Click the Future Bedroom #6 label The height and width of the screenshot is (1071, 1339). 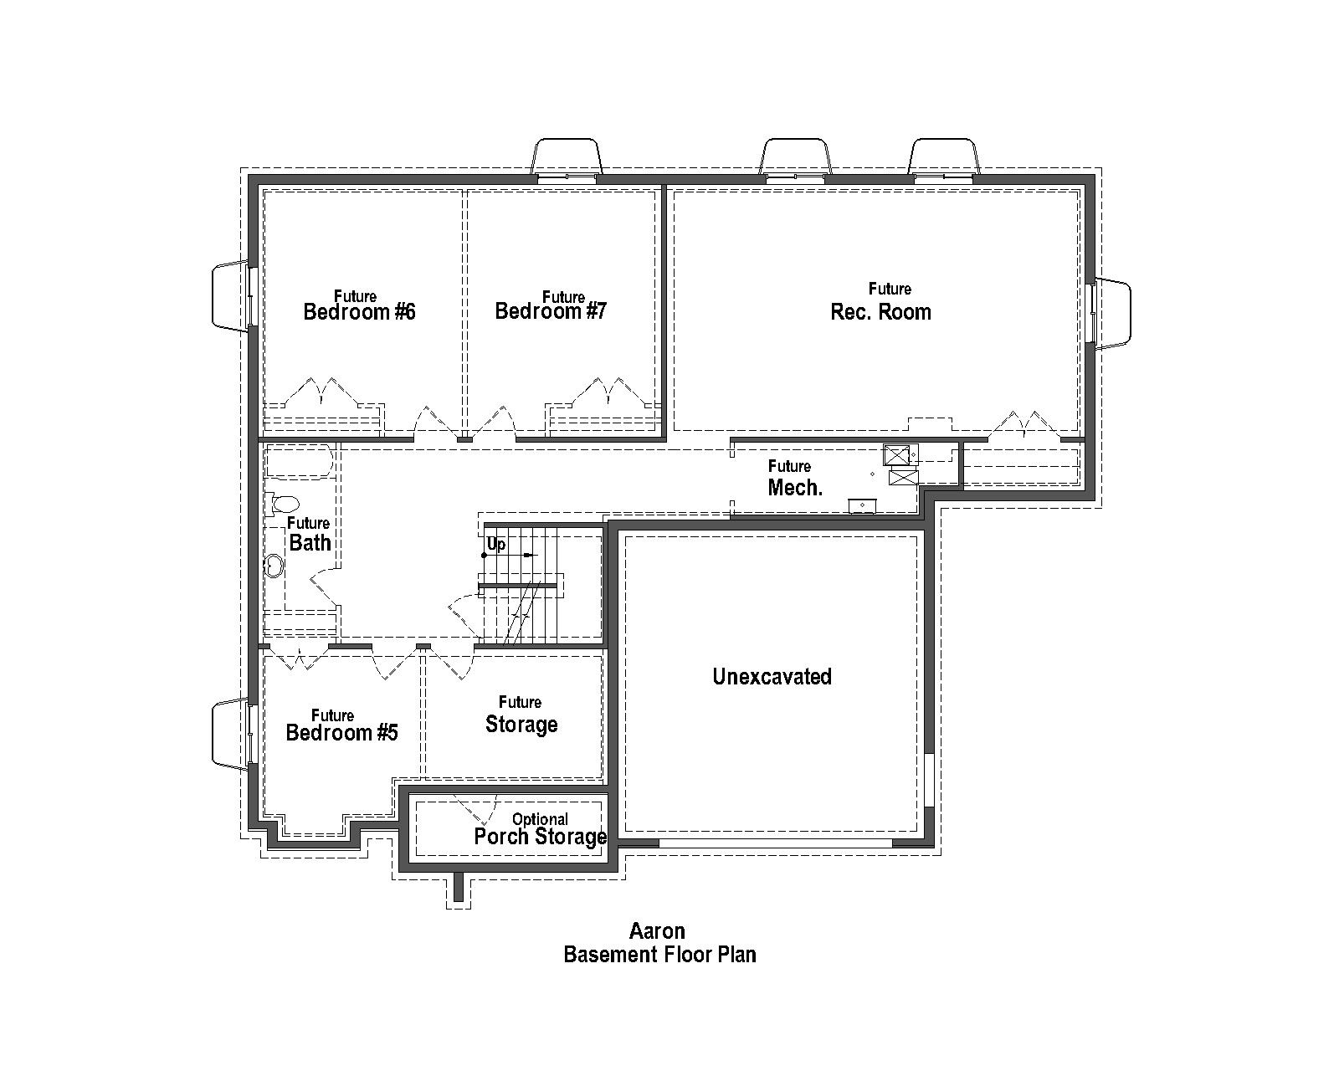(359, 306)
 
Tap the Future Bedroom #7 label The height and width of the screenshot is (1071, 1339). (551, 306)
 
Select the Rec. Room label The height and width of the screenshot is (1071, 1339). (880, 311)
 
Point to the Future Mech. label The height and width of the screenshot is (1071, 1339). (794, 479)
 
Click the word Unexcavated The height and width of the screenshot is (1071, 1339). (772, 676)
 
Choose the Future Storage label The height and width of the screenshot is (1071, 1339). (521, 715)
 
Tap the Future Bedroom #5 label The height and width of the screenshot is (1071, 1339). (341, 726)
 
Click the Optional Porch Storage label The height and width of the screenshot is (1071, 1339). (540, 830)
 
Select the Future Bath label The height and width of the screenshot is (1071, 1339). (310, 535)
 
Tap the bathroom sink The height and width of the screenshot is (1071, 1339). (274, 566)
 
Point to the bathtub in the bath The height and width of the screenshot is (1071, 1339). (300, 461)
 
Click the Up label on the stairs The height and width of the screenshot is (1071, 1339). (495, 545)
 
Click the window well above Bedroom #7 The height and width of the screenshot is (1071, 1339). (567, 156)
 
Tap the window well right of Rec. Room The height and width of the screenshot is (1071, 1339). (1113, 314)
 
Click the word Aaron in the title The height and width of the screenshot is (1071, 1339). (657, 930)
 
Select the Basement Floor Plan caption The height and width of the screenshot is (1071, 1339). (659, 955)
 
